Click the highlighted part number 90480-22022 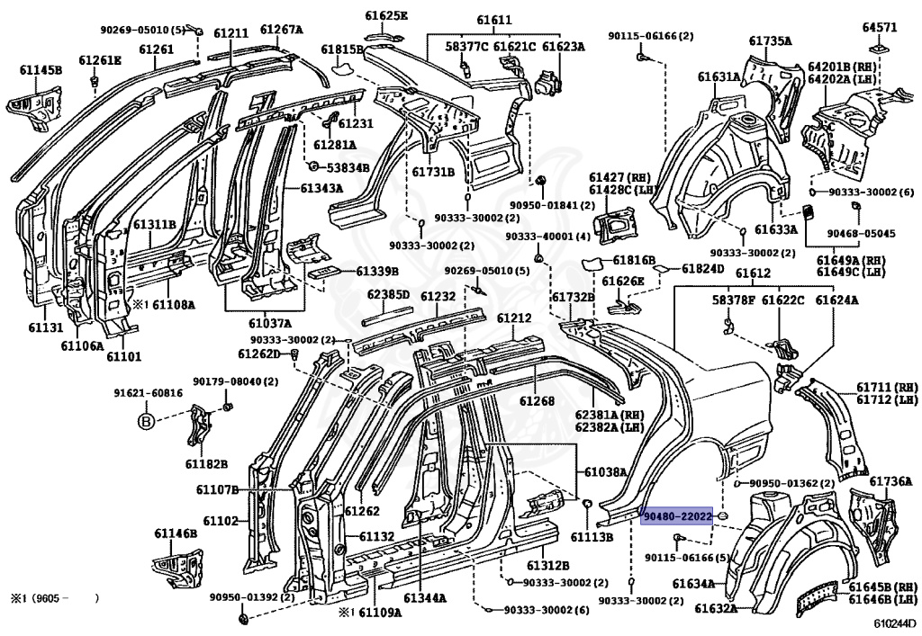[677, 516]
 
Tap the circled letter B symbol [146, 421]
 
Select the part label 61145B [41, 70]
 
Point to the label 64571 [880, 27]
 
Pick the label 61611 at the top [494, 20]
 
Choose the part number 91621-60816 [149, 393]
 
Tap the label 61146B [176, 533]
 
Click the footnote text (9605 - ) [55, 598]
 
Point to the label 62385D [388, 295]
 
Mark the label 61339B [377, 271]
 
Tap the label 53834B [348, 168]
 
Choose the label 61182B [206, 464]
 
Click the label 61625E [385, 15]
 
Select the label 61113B [592, 537]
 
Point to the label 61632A [716, 608]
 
